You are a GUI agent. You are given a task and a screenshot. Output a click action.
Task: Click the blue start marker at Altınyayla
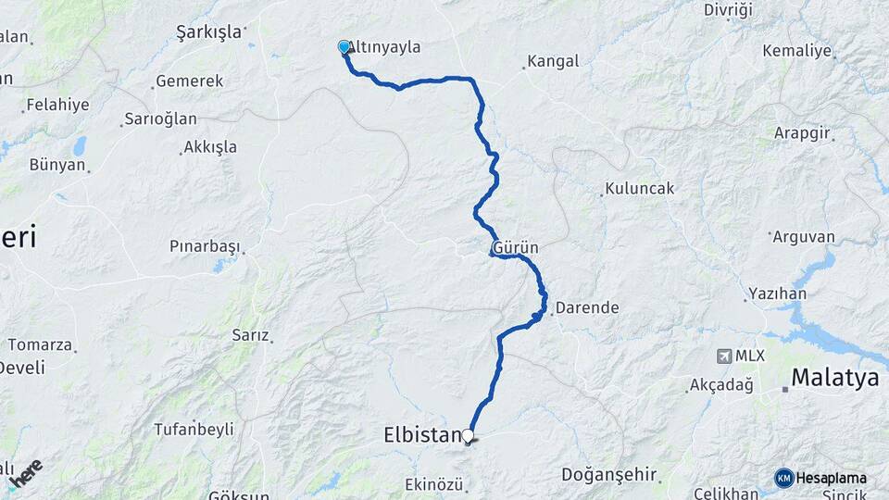tap(344, 46)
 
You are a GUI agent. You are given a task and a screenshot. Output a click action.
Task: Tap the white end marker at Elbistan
tap(468, 435)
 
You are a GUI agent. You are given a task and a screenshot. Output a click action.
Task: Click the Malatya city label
tap(833, 378)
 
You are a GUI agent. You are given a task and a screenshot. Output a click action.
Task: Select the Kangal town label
tap(553, 62)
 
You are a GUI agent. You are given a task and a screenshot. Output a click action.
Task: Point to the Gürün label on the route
tap(516, 249)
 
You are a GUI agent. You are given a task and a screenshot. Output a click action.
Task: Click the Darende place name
tap(587, 306)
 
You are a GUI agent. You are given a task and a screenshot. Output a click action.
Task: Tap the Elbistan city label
tap(421, 435)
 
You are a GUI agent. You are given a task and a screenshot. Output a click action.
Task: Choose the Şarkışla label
tap(208, 31)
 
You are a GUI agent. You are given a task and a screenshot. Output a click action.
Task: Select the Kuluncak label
tap(640, 188)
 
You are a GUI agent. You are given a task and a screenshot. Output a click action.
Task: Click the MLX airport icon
tap(724, 356)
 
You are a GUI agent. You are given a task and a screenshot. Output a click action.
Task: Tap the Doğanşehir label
tap(609, 475)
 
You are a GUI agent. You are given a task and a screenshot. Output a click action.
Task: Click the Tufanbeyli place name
tap(194, 429)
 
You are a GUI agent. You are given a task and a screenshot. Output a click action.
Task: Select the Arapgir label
tap(802, 132)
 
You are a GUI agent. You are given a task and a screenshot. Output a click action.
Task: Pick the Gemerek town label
tap(189, 81)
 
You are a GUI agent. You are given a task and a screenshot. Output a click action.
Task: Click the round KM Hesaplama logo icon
tap(784, 478)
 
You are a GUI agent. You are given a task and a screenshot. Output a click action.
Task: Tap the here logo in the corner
tap(25, 474)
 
